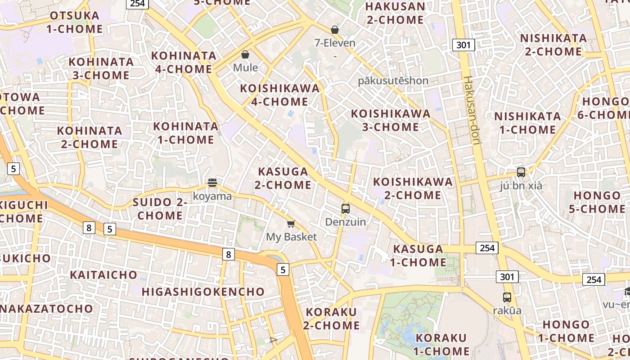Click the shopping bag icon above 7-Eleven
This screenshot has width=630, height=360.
(x=334, y=30)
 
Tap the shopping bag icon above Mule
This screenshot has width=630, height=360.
(x=245, y=54)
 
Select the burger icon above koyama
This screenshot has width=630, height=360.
(x=212, y=183)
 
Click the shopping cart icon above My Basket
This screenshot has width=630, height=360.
(x=291, y=224)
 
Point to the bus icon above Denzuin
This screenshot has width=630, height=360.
(x=346, y=208)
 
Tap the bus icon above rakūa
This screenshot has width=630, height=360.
(x=507, y=297)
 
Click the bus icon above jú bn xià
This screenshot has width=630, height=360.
(x=521, y=172)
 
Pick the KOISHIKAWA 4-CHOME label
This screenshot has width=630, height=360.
(x=280, y=95)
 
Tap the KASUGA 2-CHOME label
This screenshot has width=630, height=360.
(x=284, y=178)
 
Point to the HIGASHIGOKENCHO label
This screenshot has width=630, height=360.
(x=203, y=292)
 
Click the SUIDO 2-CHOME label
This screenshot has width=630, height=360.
(x=160, y=209)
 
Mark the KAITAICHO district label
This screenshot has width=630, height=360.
(x=103, y=274)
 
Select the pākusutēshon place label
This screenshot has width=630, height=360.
(x=393, y=81)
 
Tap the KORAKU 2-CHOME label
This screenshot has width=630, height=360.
(x=331, y=319)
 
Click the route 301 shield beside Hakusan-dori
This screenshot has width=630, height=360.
(x=463, y=45)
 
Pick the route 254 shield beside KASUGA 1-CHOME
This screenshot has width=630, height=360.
(x=487, y=247)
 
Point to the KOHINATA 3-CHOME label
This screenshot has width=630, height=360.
(x=101, y=68)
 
